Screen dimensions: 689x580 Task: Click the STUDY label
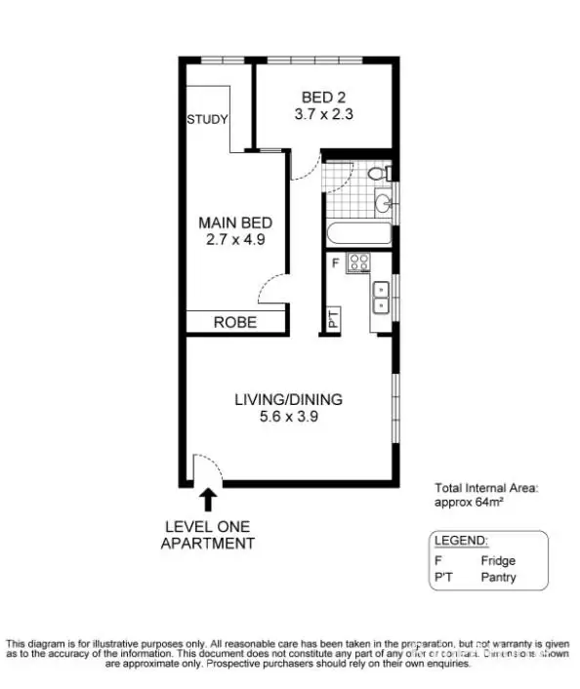pyautogui.click(x=208, y=120)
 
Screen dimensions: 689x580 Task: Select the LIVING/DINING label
pyautogui.click(x=288, y=398)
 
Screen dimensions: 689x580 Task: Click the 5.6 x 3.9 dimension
pyautogui.click(x=288, y=416)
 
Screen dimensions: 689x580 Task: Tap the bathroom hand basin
pyautogui.click(x=383, y=203)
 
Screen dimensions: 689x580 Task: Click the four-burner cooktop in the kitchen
pyautogui.click(x=359, y=262)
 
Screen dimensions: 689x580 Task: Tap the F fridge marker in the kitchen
pyautogui.click(x=335, y=262)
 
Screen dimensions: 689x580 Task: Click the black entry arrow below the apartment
pyautogui.click(x=208, y=499)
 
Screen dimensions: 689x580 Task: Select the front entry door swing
pyautogui.click(x=206, y=469)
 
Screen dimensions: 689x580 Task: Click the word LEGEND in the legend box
pyautogui.click(x=461, y=541)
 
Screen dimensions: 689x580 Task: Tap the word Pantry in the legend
pyautogui.click(x=498, y=578)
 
